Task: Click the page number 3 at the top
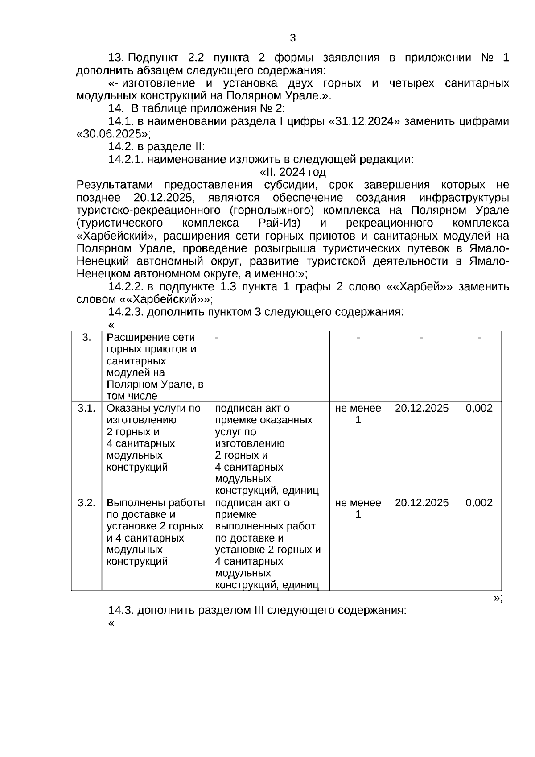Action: pyautogui.click(x=292, y=38)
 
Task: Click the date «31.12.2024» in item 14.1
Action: pyautogui.click(x=364, y=121)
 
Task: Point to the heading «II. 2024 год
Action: pyautogui.click(x=293, y=172)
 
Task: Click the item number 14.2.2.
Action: pyautogui.click(x=125, y=287)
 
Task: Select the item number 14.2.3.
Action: pyautogui.click(x=125, y=312)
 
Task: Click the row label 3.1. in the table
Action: pyautogui.click(x=86, y=408)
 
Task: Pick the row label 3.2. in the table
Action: pyautogui.click(x=86, y=503)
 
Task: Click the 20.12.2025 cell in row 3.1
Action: pyautogui.click(x=422, y=408)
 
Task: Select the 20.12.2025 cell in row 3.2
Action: pyautogui.click(x=422, y=503)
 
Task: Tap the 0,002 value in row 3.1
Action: pyautogui.click(x=479, y=408)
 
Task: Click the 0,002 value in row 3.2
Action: pyautogui.click(x=479, y=503)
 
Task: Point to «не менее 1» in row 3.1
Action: pyautogui.click(x=358, y=414)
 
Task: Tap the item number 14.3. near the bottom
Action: pyautogui.click(x=121, y=610)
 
